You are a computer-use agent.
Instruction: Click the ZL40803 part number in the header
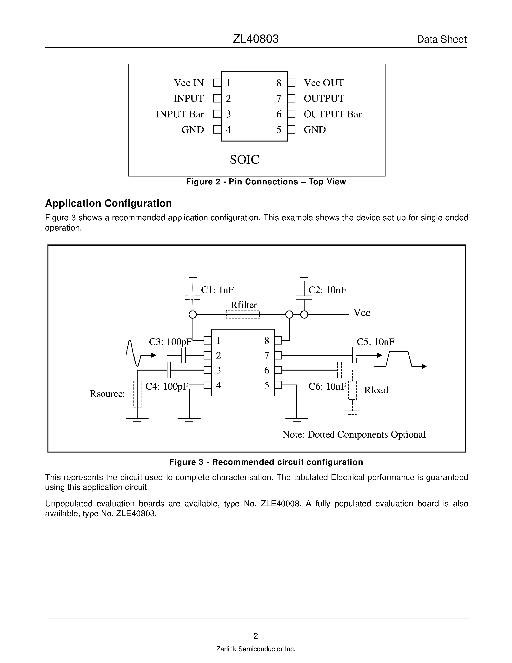(x=256, y=39)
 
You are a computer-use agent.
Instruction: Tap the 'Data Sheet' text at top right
(x=442, y=40)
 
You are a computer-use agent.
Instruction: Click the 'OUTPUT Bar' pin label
(x=332, y=114)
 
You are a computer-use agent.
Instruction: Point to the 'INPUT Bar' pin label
(x=180, y=114)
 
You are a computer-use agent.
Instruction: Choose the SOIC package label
(x=245, y=160)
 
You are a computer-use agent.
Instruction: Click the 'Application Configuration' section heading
(x=108, y=203)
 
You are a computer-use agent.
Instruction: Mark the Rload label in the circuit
(x=376, y=390)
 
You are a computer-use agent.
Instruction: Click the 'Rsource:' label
(x=107, y=394)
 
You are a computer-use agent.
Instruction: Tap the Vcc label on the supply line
(x=362, y=313)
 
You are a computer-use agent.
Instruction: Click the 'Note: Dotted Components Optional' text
(x=354, y=434)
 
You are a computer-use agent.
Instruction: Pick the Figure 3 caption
(x=266, y=462)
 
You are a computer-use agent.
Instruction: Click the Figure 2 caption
(x=266, y=182)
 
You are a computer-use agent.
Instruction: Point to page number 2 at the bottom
(x=256, y=636)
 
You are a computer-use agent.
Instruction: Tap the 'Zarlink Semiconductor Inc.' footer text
(x=256, y=649)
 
